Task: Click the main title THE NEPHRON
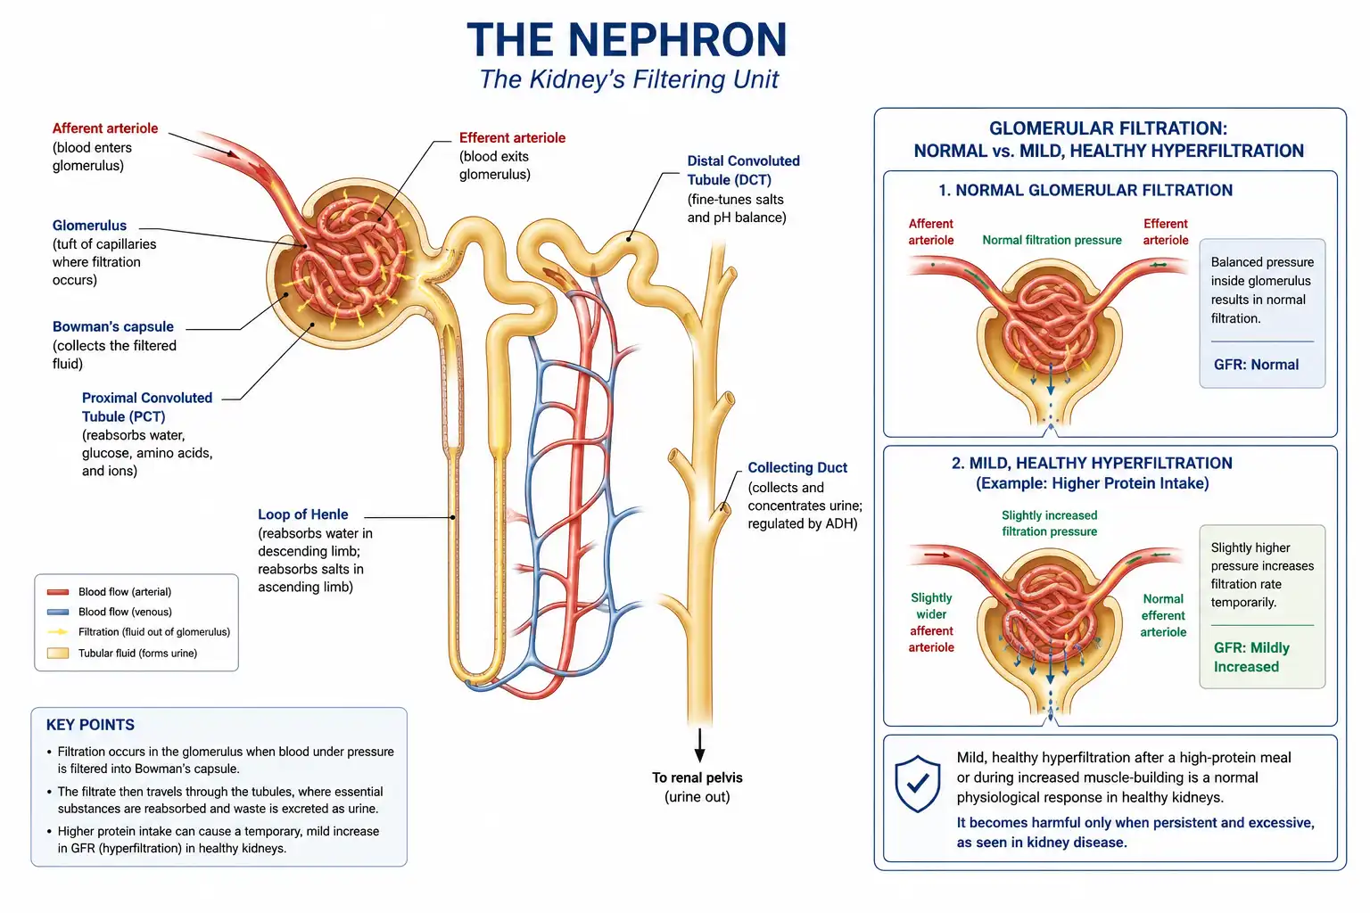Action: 627,40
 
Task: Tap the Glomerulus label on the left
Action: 89,225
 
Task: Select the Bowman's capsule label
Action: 113,326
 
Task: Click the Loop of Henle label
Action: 302,514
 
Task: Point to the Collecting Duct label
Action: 797,468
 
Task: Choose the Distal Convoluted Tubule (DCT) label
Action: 743,170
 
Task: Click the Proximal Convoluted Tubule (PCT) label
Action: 147,407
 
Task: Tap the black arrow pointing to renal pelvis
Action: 699,744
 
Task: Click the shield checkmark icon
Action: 918,784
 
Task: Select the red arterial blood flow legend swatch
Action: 57,592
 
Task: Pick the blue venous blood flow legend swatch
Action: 57,612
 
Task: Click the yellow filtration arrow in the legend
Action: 57,632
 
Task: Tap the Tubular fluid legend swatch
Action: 57,654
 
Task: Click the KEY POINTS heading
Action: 90,725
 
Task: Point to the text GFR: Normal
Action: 1256,365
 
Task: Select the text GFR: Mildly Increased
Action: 1251,657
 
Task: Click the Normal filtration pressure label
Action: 1052,241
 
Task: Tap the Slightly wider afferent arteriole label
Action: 931,622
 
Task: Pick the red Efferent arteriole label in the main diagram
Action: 512,137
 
